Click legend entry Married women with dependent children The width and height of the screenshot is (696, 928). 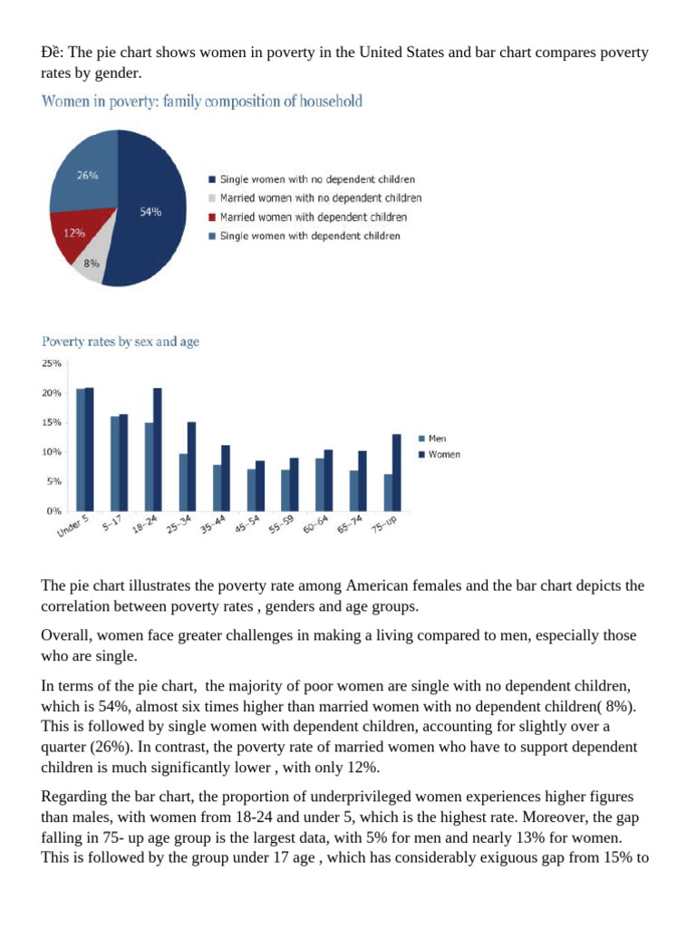[313, 217]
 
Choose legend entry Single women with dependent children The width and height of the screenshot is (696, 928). [309, 236]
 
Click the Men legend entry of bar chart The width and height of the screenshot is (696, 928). [436, 439]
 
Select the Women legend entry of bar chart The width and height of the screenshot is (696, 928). [442, 454]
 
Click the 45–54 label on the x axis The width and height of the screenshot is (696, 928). [247, 525]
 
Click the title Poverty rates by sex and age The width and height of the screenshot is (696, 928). [120, 342]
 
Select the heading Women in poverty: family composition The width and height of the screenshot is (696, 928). [202, 101]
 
